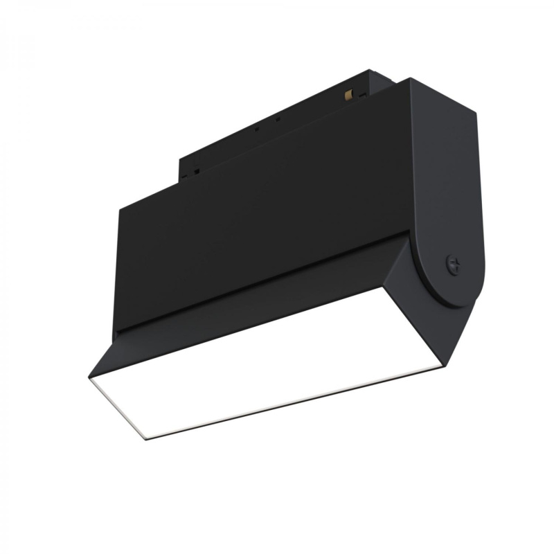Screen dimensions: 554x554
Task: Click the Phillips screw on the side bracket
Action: [x=453, y=263]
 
